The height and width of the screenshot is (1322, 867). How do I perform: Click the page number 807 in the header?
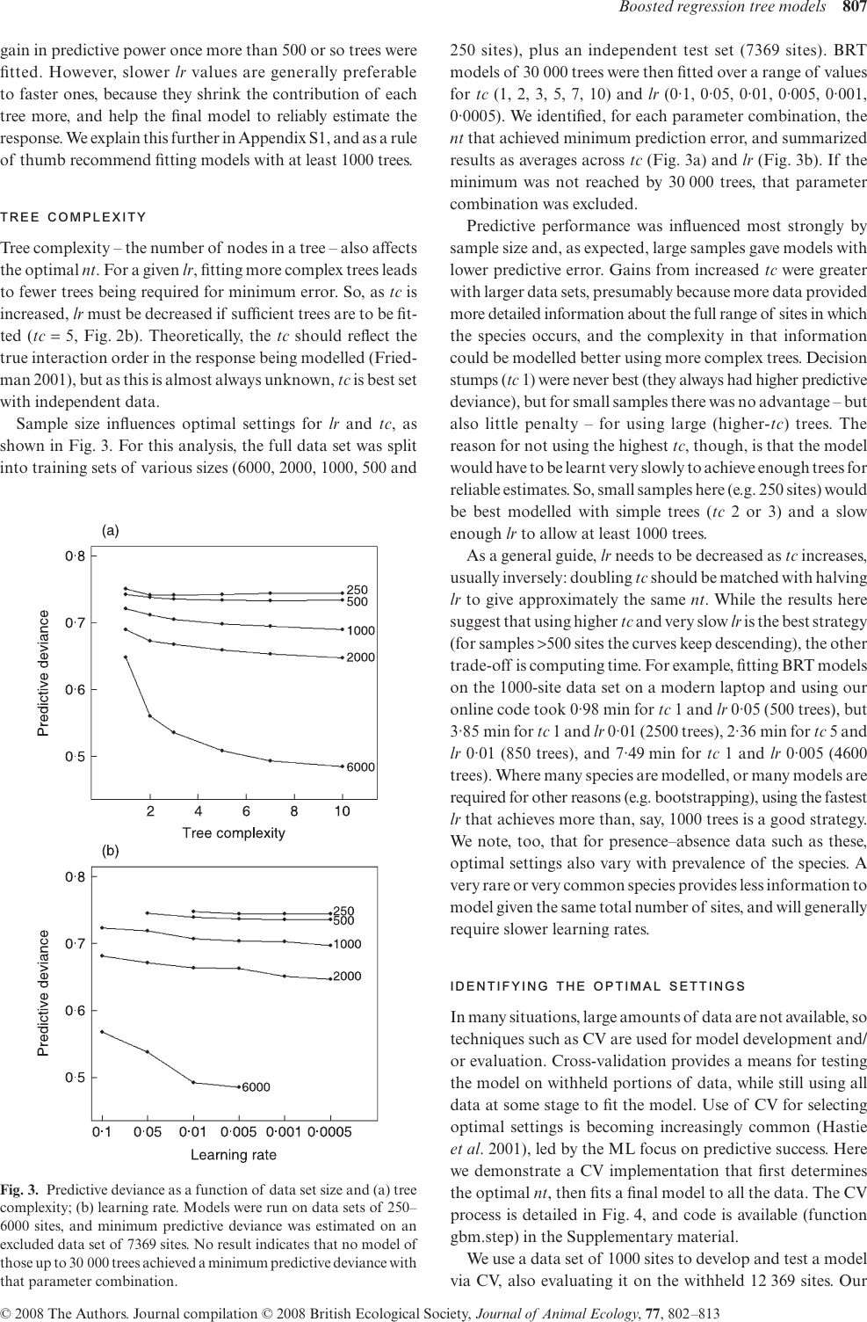tap(854, 10)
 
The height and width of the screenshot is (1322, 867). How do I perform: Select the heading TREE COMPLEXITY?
tap(73, 218)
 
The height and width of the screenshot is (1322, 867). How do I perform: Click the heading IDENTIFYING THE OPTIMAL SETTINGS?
tap(597, 986)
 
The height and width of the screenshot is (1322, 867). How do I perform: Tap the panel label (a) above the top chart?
tap(111, 530)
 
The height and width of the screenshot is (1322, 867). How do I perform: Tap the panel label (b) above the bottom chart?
tap(111, 851)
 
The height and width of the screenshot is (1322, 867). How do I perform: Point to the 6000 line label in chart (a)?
tap(360, 767)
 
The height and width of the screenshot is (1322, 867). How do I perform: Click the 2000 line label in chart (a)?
tap(360, 657)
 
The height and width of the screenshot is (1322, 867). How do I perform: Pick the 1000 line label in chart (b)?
tap(347, 945)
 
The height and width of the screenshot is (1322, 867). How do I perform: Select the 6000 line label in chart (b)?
tap(256, 1087)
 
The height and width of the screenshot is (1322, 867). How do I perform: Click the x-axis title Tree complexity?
tap(234, 832)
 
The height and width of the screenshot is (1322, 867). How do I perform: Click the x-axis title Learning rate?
tap(234, 1154)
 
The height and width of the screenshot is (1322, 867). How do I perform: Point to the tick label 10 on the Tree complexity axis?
tap(343, 811)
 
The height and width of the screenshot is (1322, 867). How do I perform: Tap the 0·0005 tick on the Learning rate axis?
tap(330, 1132)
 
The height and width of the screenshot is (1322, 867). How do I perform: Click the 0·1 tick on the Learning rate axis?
tap(103, 1132)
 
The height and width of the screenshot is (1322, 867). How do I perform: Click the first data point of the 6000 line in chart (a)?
tap(126, 657)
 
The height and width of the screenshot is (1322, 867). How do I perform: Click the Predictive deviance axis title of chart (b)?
tap(44, 993)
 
